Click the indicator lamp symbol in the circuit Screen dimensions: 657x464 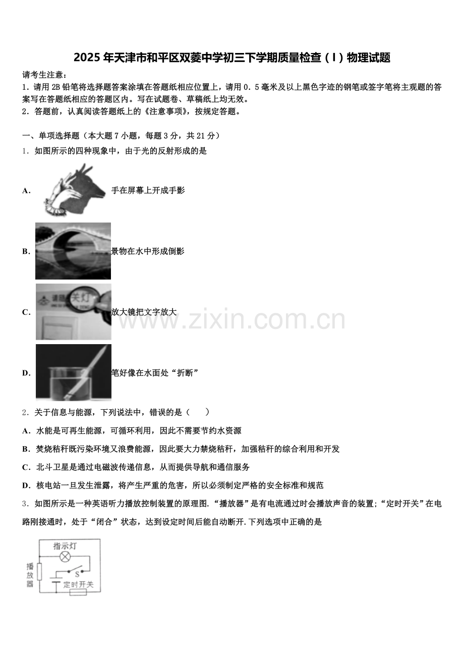pyautogui.click(x=65, y=557)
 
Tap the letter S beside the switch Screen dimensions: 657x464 pyautogui.click(x=77, y=574)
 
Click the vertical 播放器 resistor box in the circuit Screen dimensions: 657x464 pyautogui.click(x=39, y=572)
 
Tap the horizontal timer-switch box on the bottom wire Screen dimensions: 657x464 pyautogui.click(x=78, y=592)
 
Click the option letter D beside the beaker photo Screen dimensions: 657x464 pyautogui.click(x=26, y=373)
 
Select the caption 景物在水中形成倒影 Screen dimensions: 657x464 pyautogui.click(x=148, y=251)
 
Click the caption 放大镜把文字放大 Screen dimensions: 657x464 pyautogui.click(x=144, y=312)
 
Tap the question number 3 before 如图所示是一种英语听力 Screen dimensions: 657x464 pyautogui.click(x=24, y=504)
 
